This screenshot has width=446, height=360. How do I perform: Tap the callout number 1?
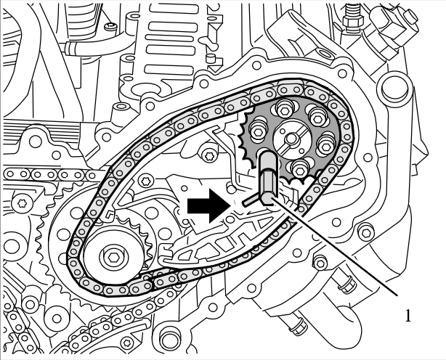click(x=408, y=316)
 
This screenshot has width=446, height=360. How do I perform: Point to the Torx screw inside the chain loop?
click(x=210, y=155)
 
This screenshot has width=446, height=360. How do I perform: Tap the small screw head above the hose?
click(x=110, y=27)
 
